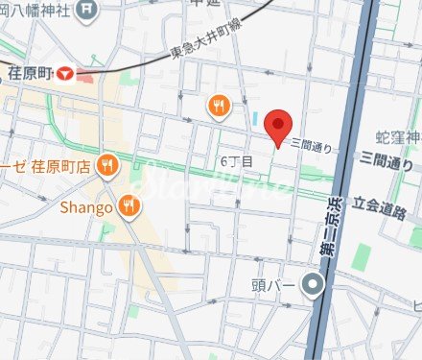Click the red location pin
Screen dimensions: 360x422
coord(278,126)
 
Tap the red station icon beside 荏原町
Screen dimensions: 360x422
coord(64,72)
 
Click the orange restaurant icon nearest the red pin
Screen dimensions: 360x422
coord(220,106)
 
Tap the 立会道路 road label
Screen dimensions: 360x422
coord(387,204)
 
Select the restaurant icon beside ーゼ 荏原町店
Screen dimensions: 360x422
coord(108,165)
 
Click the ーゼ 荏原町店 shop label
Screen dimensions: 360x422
coord(47,165)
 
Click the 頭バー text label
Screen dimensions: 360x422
coord(276,284)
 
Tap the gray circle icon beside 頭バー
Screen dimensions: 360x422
coord(312,284)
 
